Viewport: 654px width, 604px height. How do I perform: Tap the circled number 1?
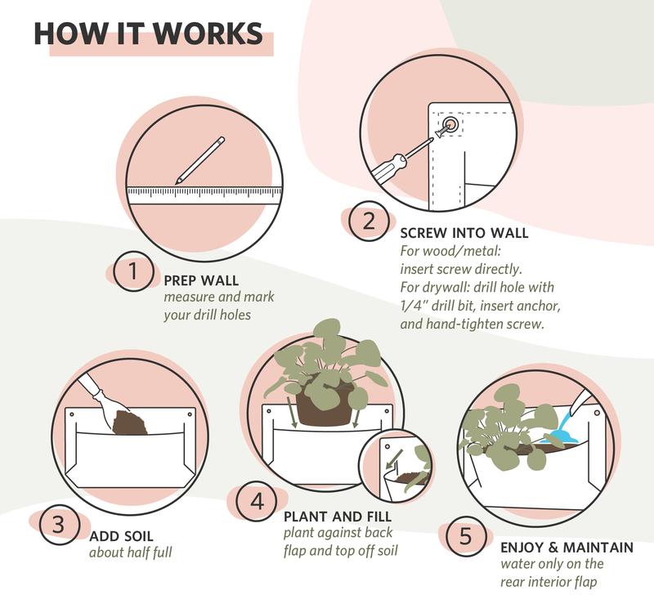(x=133, y=271)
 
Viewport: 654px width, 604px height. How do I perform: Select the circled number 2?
(x=369, y=221)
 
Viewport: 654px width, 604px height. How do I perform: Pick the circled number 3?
(x=59, y=525)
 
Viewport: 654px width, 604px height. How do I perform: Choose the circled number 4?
(x=257, y=500)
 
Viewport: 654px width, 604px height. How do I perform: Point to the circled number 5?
(x=465, y=536)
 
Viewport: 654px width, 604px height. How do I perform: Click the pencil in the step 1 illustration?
(x=200, y=160)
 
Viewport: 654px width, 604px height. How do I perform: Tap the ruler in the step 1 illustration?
(x=204, y=195)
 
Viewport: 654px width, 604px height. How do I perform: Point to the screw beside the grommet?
(x=441, y=132)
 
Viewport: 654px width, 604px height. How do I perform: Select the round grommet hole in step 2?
(x=450, y=124)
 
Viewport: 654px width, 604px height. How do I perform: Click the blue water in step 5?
(x=560, y=430)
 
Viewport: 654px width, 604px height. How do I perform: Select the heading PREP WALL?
(x=201, y=280)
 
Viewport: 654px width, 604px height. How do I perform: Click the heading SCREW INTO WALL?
(x=464, y=233)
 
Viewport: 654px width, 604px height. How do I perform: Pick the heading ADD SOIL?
(x=121, y=536)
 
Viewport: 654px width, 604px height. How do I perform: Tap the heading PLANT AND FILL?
(x=338, y=517)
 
